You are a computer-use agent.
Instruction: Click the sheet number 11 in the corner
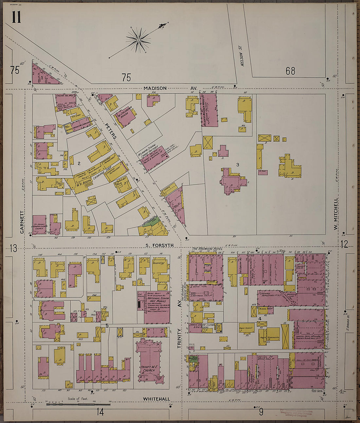point(16,17)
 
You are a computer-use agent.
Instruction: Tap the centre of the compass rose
point(138,40)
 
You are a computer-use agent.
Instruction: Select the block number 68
point(290,71)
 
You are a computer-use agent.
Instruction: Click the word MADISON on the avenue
point(155,88)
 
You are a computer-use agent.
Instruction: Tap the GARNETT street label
point(22,222)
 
